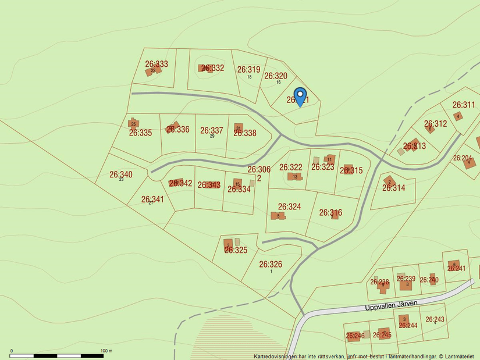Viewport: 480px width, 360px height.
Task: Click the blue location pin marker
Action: [x=300, y=97]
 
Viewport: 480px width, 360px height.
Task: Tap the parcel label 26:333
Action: [x=157, y=64]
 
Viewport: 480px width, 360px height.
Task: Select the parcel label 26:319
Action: [x=248, y=69]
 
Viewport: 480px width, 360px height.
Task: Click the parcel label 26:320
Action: [x=276, y=76]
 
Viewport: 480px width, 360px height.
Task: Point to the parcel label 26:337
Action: [x=211, y=130]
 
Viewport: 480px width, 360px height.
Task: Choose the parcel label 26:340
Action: [x=121, y=174]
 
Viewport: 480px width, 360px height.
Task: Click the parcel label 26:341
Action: [x=152, y=199]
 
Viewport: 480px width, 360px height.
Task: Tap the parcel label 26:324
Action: [x=289, y=206]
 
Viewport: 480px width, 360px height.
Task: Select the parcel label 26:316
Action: [x=330, y=212]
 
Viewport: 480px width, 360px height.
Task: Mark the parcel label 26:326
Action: [x=271, y=264]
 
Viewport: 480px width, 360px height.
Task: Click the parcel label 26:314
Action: [x=393, y=188]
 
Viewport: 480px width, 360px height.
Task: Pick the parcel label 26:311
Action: [x=464, y=105]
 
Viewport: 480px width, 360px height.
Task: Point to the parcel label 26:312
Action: [x=435, y=123]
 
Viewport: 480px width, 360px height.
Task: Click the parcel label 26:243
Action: [x=435, y=319]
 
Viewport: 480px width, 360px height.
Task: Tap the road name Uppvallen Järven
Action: [x=392, y=305]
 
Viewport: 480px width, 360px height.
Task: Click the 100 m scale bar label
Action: [x=106, y=351]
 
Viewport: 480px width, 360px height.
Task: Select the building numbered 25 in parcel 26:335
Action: [x=133, y=123]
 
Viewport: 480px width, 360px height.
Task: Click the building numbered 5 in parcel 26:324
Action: [x=278, y=216]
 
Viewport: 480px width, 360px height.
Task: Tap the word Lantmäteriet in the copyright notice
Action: [x=461, y=356]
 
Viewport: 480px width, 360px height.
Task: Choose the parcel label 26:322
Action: [x=290, y=167]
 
